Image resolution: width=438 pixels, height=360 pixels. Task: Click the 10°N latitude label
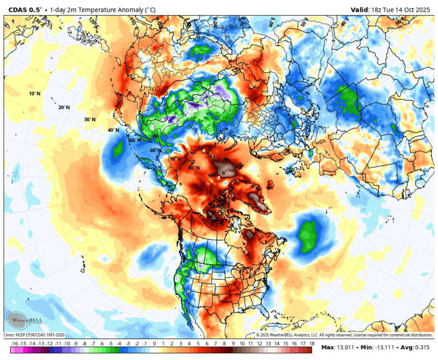(35, 94)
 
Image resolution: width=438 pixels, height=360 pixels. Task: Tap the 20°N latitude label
(64, 107)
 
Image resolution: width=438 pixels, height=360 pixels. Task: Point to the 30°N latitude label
(89, 120)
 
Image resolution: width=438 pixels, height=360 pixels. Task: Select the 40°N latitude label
(113, 130)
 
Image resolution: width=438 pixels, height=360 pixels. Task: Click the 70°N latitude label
(175, 159)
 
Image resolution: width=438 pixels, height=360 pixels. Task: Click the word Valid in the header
(360, 9)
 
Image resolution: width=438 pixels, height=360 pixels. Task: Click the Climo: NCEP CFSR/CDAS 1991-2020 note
(34, 335)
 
